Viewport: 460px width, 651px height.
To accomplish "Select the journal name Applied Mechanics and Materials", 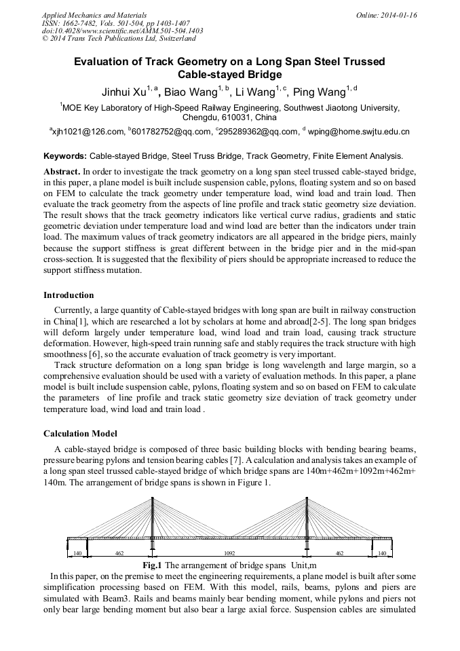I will [85, 15].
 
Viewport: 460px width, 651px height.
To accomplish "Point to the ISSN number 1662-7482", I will [79, 23].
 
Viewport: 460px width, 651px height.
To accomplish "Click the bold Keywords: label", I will [65, 155].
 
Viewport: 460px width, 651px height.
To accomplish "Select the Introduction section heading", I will [69, 295].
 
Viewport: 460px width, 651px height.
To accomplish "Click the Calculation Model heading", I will [80, 434].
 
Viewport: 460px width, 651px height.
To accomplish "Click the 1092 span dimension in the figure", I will [229, 554].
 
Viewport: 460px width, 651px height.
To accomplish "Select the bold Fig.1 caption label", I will [152, 565].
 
